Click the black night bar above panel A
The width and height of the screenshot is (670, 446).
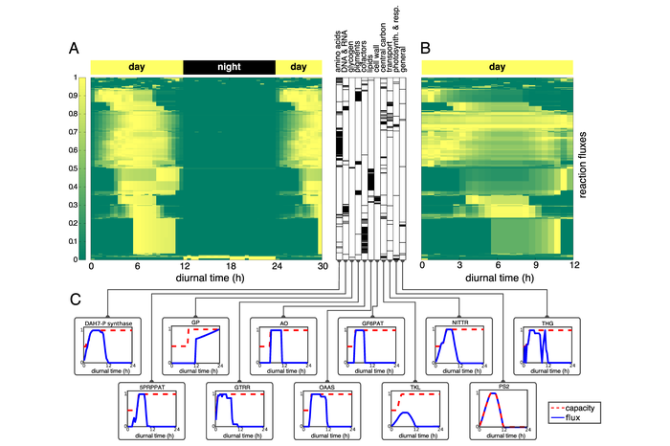tap(229, 67)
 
